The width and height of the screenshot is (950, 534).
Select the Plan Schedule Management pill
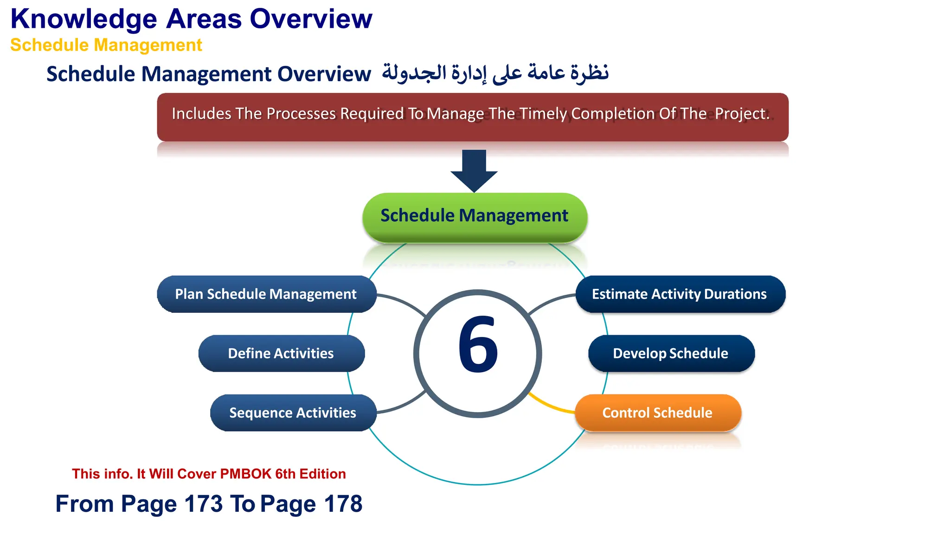tap(266, 294)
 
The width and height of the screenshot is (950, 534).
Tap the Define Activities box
tap(281, 353)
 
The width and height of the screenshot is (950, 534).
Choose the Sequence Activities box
tap(293, 413)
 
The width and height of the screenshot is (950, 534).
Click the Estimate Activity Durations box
tap(680, 294)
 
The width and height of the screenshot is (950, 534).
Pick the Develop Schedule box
tap(671, 353)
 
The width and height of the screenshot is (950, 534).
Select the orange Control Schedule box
tap(657, 413)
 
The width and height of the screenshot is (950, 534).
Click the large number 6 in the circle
tap(478, 345)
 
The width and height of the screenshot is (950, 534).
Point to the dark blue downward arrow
tap(474, 169)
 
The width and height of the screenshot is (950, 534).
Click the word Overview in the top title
tap(311, 19)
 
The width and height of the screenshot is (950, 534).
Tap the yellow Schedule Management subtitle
tap(106, 45)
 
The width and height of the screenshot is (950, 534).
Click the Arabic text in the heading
tap(495, 73)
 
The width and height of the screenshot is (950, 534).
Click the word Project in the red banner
tap(741, 114)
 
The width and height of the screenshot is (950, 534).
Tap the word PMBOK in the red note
tap(245, 474)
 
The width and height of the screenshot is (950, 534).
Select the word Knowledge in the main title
tap(84, 19)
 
